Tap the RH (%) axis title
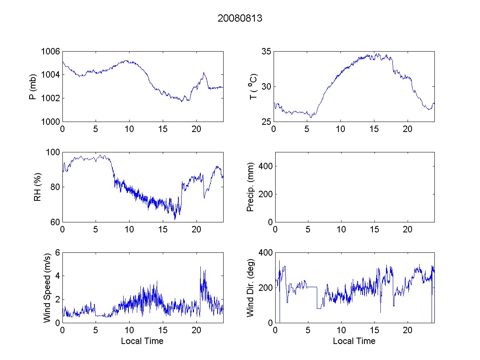[x=37, y=187]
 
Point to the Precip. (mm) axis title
[x=250, y=187]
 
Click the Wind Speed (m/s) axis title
[x=47, y=287]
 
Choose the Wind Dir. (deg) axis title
[x=250, y=287]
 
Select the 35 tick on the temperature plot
[x=266, y=52]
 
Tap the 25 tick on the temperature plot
[x=266, y=122]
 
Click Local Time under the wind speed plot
[x=142, y=341]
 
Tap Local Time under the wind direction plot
[x=354, y=341]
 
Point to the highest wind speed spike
[x=200, y=267]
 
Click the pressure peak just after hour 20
[x=204, y=73]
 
